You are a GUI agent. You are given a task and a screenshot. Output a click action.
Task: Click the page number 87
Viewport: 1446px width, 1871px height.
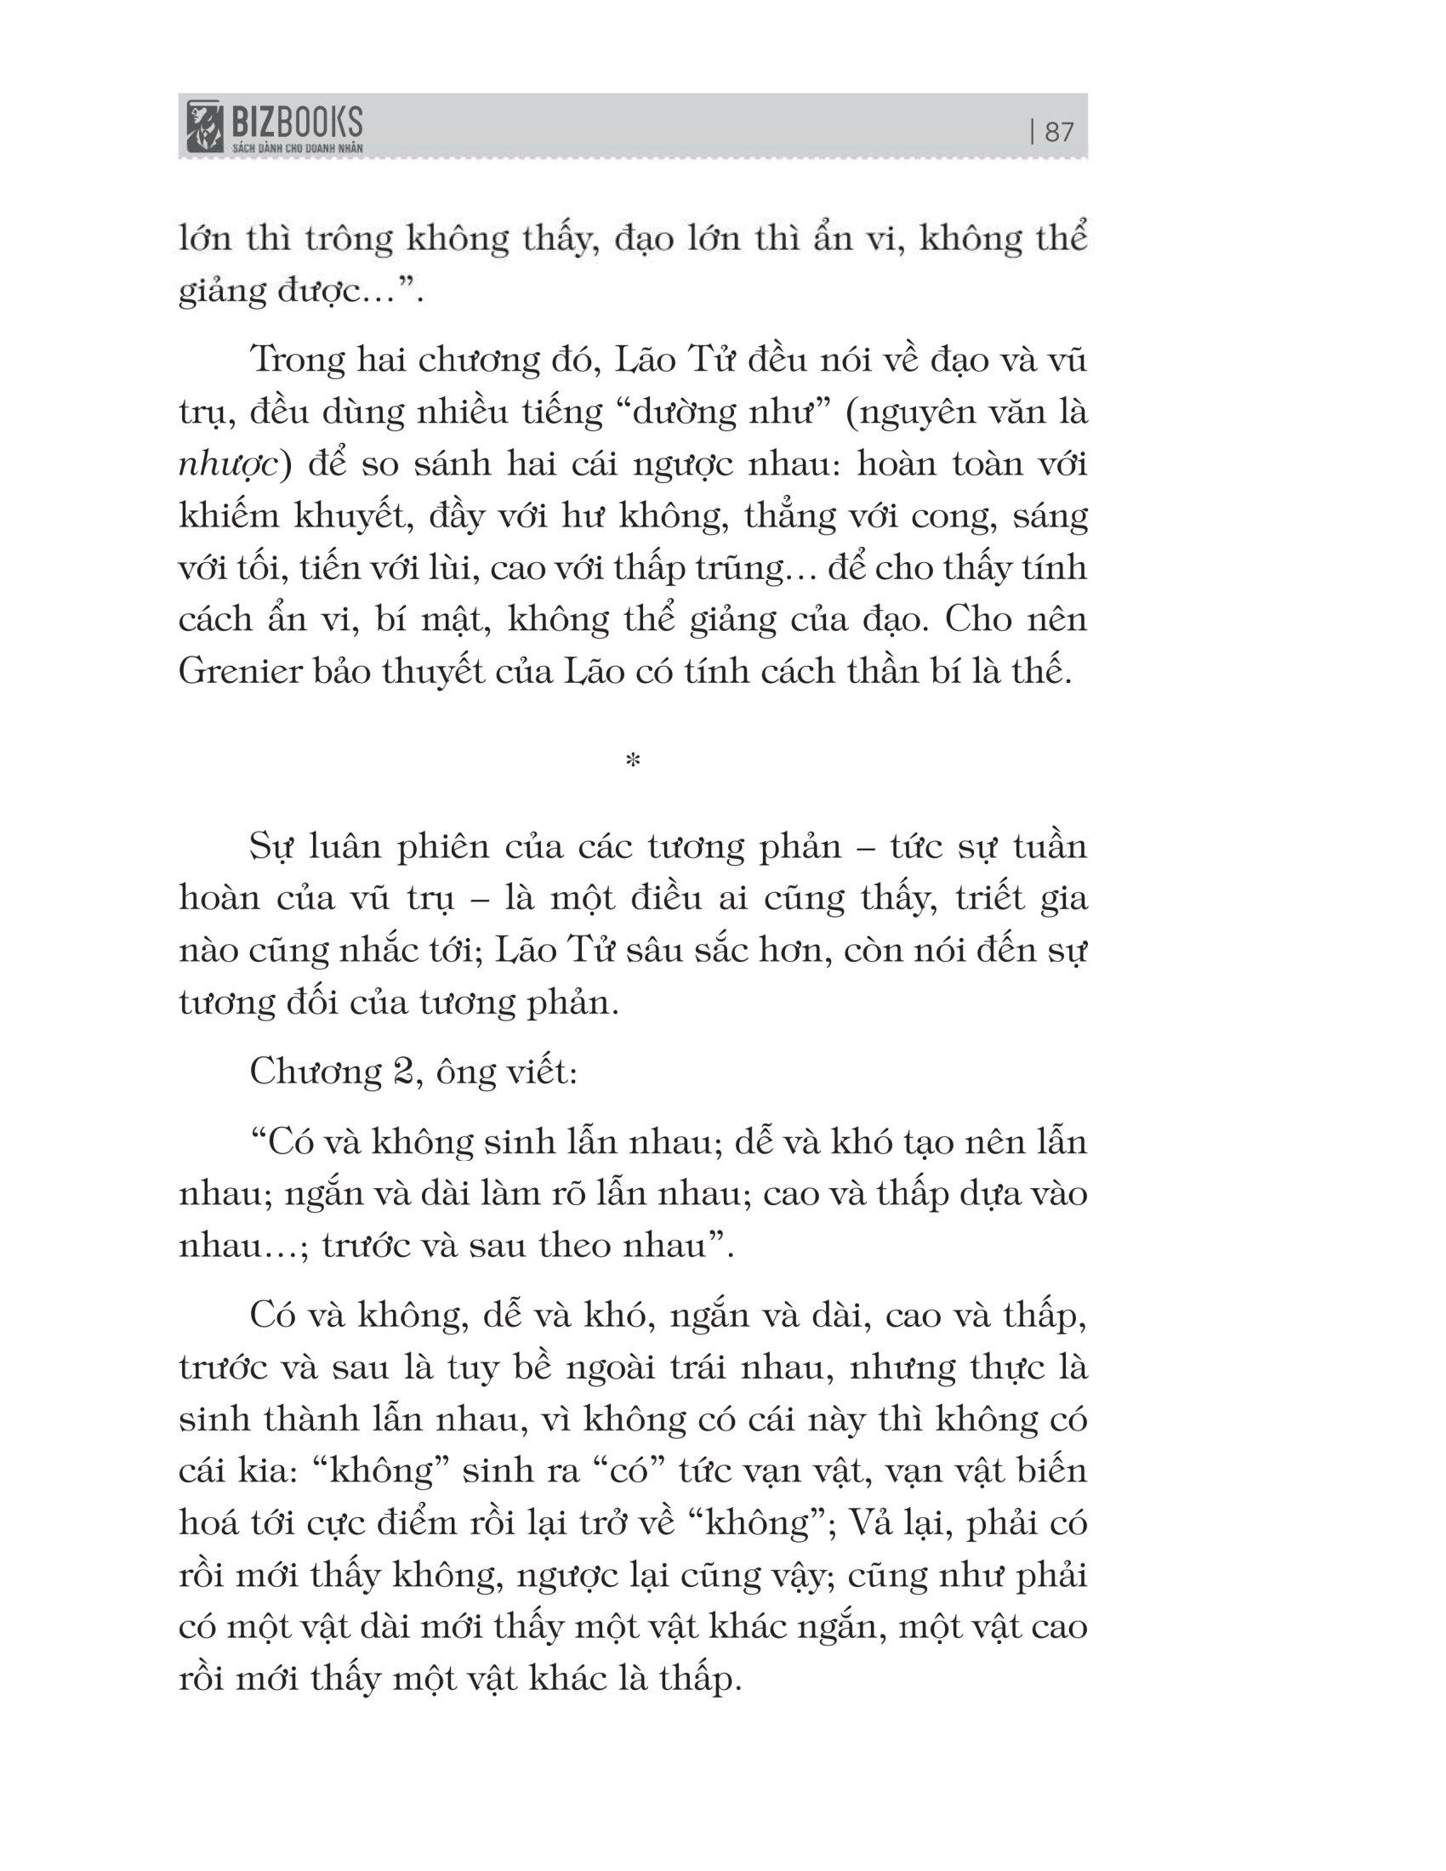coord(1060,132)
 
